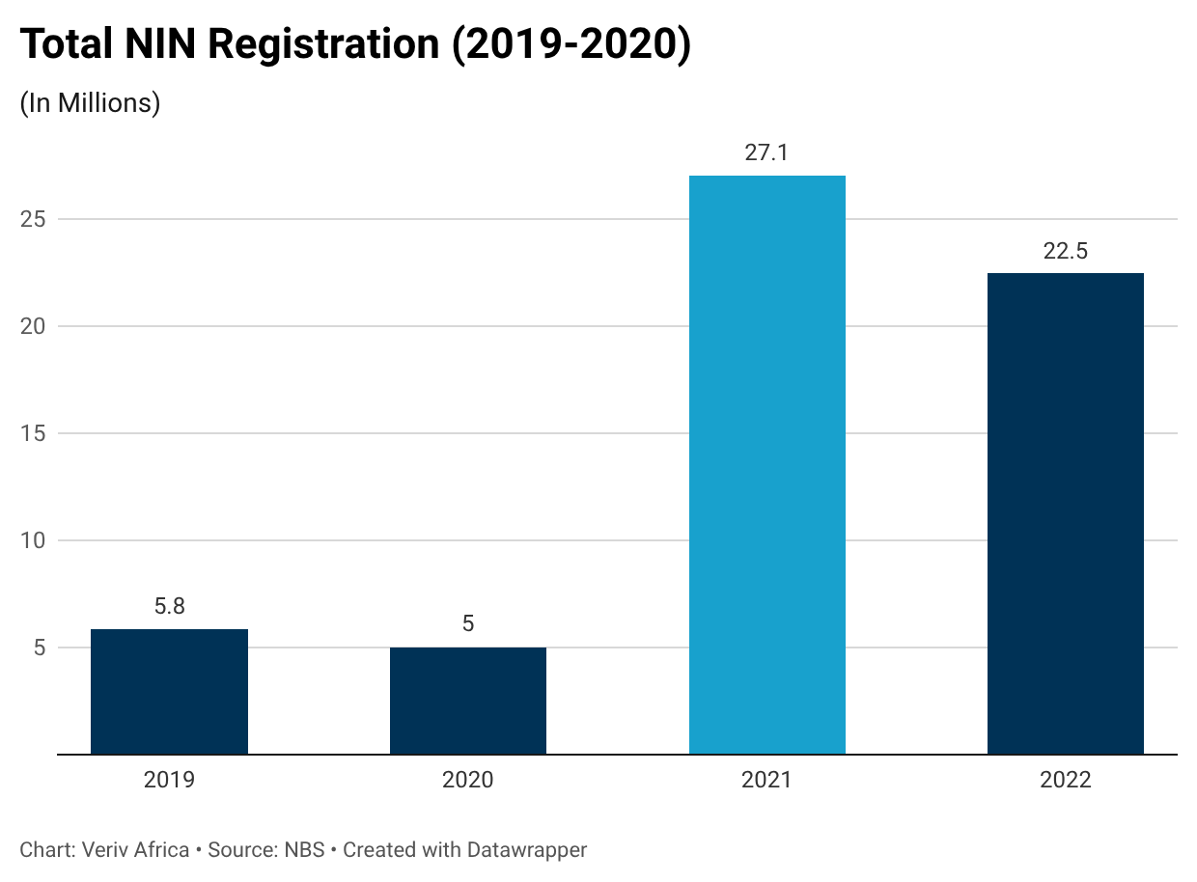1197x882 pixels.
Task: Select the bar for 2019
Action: tap(169, 692)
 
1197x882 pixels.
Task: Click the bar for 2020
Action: tap(468, 701)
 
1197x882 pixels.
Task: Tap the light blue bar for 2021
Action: tap(767, 465)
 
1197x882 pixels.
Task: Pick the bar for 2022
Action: tap(1066, 514)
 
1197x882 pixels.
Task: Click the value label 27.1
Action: tap(766, 152)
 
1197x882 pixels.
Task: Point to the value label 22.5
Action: tap(1066, 251)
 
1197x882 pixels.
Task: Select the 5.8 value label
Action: tap(169, 606)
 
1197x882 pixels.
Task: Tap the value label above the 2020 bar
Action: tap(468, 623)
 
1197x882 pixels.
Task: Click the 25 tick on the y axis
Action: tap(33, 220)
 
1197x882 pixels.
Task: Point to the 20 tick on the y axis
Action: tap(33, 326)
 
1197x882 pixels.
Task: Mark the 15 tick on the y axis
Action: tap(33, 433)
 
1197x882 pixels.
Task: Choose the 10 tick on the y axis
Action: tap(33, 540)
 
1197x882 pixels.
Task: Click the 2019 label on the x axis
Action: tap(169, 780)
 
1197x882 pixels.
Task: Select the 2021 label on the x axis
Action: tap(766, 780)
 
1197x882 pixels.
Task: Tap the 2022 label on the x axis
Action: tap(1066, 780)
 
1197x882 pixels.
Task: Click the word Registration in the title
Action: tap(323, 45)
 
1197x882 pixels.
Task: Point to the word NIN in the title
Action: tap(160, 43)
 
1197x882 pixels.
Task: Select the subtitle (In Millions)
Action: tap(90, 103)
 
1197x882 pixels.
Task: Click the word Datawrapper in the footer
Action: tap(527, 850)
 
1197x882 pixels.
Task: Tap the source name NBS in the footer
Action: tap(305, 850)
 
